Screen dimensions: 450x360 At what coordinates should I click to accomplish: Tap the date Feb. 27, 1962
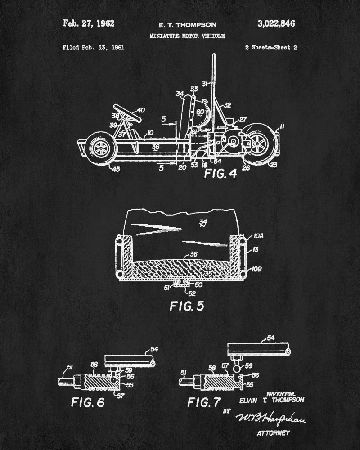coord(89,23)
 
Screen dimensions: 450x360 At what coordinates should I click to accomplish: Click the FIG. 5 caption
coord(186,306)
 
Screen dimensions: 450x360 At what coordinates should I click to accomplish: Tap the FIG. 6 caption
coord(87,401)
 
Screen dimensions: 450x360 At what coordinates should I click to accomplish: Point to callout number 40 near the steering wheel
coord(140,110)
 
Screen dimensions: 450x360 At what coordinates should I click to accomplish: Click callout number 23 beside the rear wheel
coord(274,165)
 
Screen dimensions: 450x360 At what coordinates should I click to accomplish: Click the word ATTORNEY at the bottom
coord(273,433)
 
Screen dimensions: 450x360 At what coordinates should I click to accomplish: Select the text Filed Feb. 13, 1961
coord(94,47)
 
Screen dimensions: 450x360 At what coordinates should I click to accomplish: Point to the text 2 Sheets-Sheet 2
coord(271,47)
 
